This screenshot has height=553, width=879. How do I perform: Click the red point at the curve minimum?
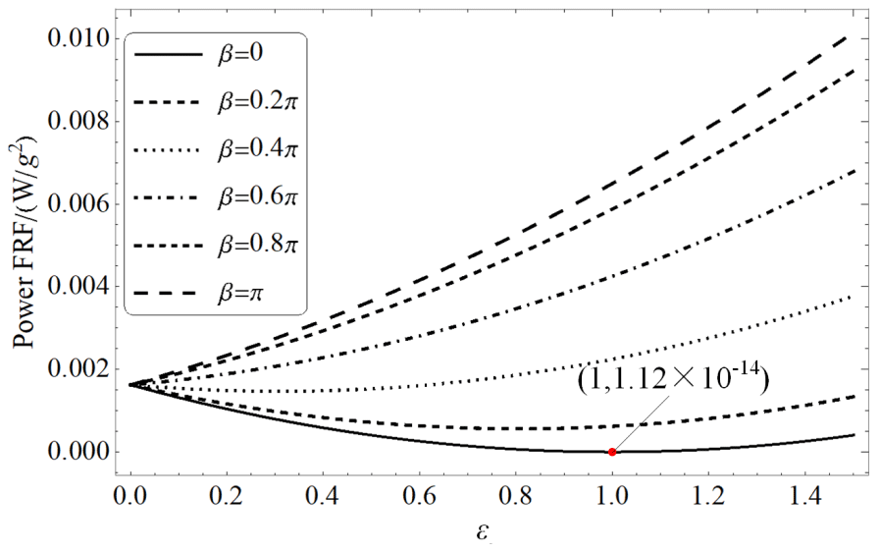(x=612, y=452)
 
